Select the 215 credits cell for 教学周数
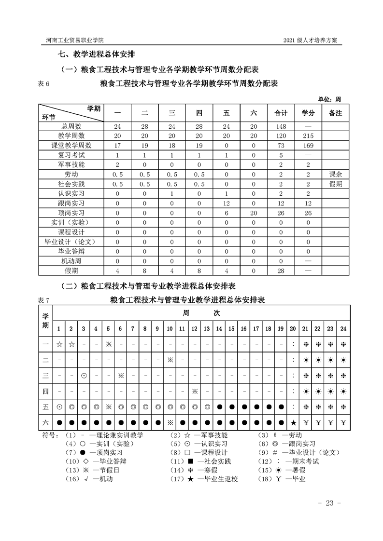coord(308,136)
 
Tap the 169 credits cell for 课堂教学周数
coord(308,145)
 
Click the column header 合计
coord(281,113)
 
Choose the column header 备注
coord(335,113)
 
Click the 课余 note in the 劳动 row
coord(335,174)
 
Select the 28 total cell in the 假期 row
coord(281,271)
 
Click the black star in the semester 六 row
coord(293,423)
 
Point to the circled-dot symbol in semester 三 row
coord(84,376)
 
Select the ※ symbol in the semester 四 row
coord(195,391)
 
